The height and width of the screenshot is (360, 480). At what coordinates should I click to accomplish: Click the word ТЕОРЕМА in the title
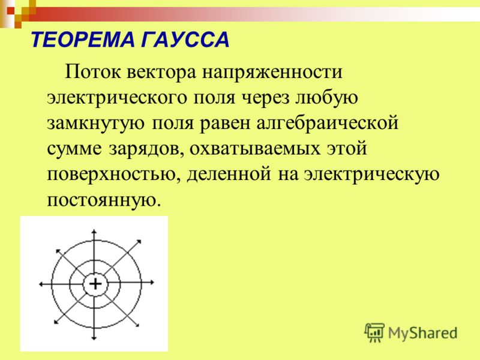pos(83,40)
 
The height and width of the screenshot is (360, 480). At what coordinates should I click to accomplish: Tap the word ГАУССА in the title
pos(185,40)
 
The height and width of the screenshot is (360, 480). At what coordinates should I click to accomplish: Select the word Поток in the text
pos(92,72)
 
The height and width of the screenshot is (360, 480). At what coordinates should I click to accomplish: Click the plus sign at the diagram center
pos(95,284)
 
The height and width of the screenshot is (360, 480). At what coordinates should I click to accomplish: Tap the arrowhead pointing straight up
pos(94,232)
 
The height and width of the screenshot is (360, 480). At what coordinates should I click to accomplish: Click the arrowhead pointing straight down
pos(94,338)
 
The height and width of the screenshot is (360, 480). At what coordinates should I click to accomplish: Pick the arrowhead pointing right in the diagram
pos(152,283)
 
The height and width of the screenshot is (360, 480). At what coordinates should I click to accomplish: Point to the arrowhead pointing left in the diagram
pos(41,284)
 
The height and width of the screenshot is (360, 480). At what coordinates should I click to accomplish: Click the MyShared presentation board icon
pos(374,332)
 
